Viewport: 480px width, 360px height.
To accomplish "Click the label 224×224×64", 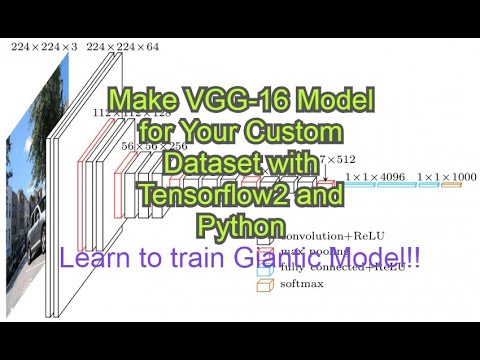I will pyautogui.click(x=122, y=46).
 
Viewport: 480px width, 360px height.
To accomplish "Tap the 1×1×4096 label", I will pyautogui.click(x=374, y=177).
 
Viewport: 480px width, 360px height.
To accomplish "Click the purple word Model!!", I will pyautogui.click(x=368, y=256).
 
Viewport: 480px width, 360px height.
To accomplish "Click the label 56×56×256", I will pyautogui.click(x=155, y=145).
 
